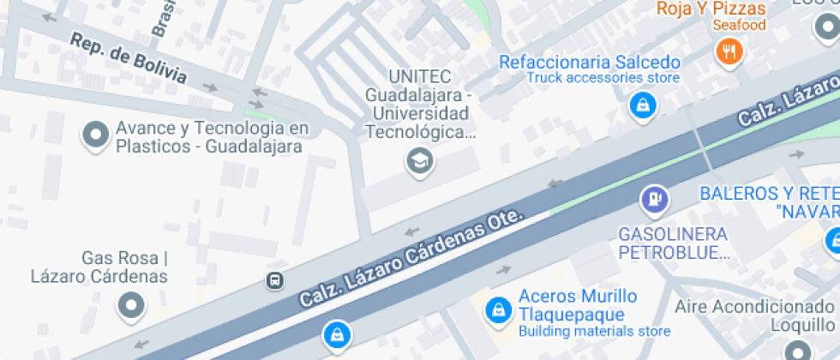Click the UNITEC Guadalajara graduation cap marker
tap(419, 159)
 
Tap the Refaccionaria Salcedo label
tap(590, 63)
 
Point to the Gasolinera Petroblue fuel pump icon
tap(655, 200)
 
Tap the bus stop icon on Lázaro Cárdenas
tap(274, 280)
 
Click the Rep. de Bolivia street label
tap(129, 59)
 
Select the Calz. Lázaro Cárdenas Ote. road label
tap(411, 257)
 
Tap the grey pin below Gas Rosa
tap(130, 305)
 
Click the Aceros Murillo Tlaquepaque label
tap(578, 304)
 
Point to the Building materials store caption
tap(594, 331)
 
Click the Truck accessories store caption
tap(603, 78)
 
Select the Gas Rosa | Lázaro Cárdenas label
tap(99, 267)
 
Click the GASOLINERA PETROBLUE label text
tap(673, 243)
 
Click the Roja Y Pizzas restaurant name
tap(711, 9)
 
